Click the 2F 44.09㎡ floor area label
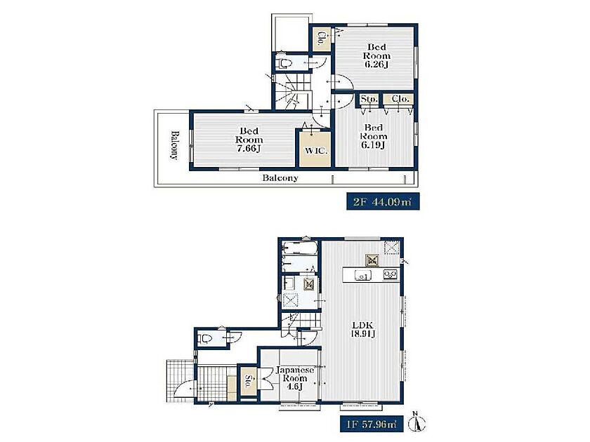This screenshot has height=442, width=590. click(383, 202)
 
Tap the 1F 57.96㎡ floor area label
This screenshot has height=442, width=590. click(369, 424)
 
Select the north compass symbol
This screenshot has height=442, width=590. click(419, 422)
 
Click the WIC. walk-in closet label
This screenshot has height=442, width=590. click(316, 151)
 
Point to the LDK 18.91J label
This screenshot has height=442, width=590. click(362, 329)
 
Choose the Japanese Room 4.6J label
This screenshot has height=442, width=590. click(295, 378)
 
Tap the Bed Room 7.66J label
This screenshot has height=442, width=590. click(249, 140)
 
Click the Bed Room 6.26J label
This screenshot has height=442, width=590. click(376, 55)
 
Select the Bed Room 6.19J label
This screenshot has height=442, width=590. click(374, 136)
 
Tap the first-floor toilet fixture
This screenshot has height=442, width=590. click(205, 338)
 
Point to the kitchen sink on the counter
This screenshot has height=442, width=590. click(362, 276)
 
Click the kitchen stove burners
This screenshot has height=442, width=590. click(391, 275)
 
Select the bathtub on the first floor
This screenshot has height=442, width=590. click(300, 248)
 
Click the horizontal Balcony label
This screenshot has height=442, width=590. click(280, 178)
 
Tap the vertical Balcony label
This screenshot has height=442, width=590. click(174, 145)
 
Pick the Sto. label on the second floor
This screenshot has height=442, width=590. click(369, 99)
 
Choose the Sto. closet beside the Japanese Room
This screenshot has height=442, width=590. click(249, 381)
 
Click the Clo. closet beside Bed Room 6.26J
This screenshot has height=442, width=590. click(322, 39)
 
